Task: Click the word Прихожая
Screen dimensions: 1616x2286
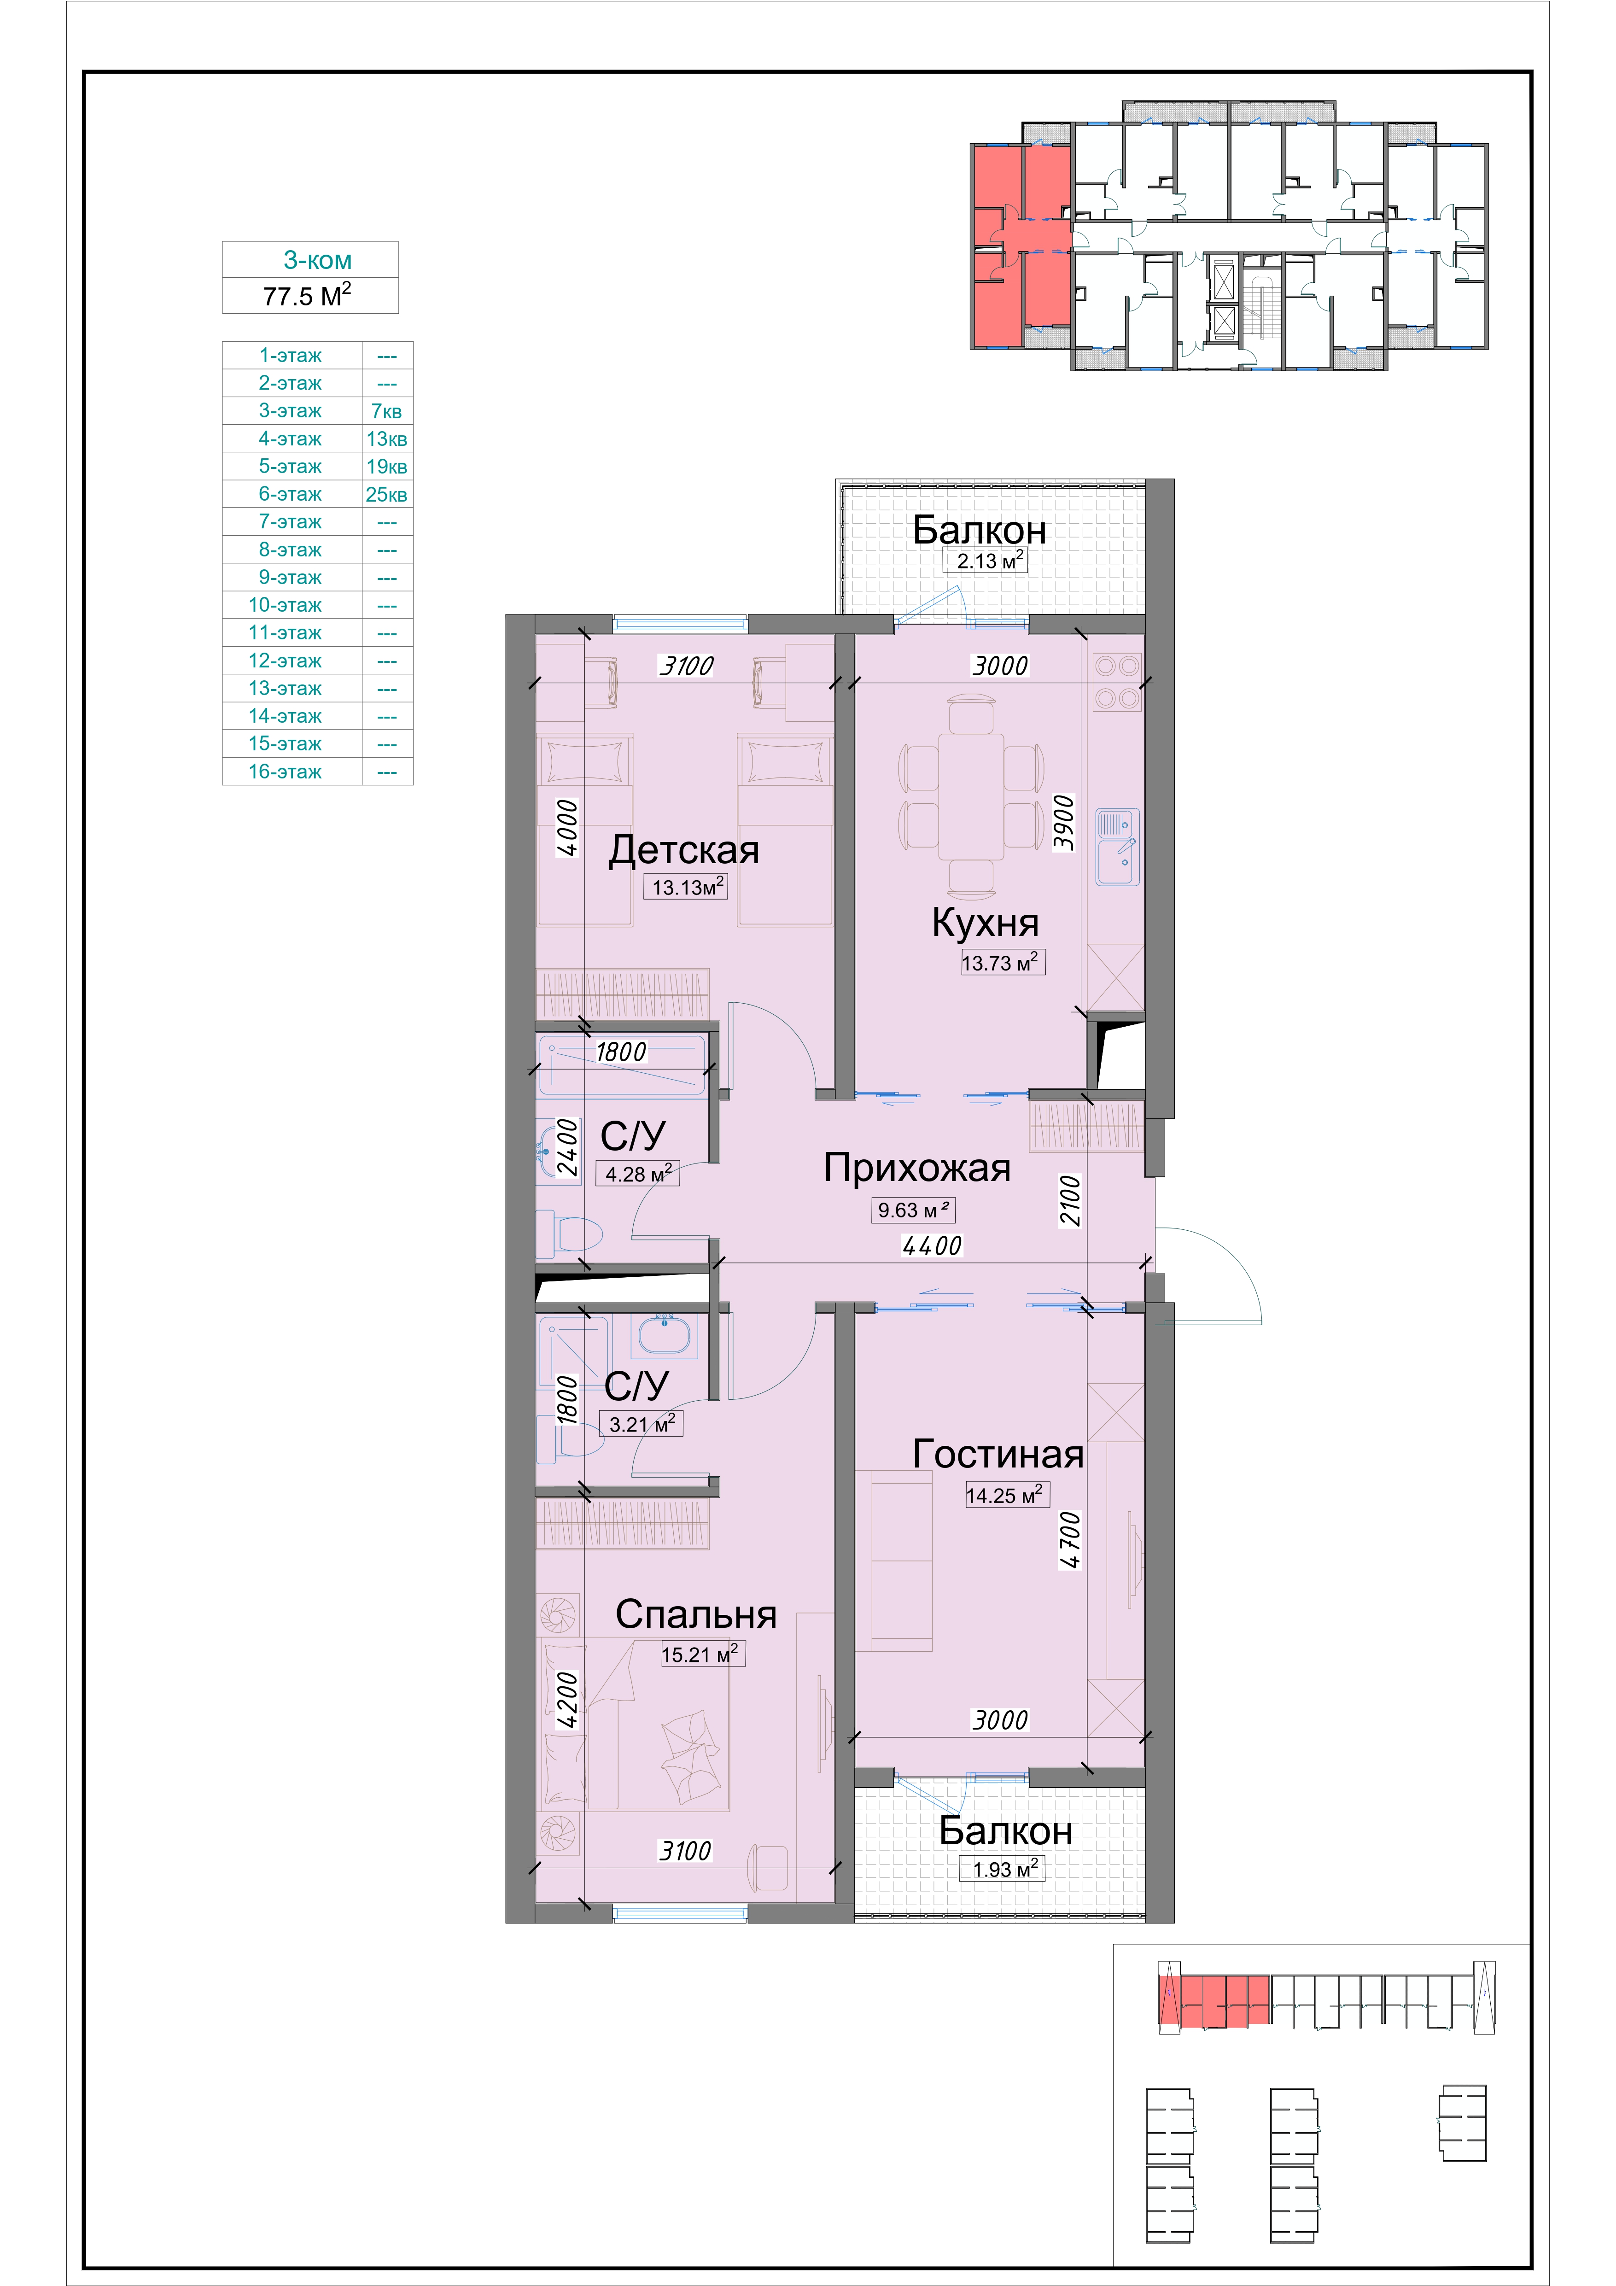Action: click(917, 1168)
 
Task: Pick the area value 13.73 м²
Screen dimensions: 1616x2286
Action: click(1002, 963)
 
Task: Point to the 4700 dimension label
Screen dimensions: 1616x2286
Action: click(1069, 1540)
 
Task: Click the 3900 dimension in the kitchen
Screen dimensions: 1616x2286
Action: click(1063, 821)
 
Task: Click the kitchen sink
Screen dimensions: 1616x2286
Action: click(1118, 848)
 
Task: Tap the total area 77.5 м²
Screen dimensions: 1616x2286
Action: click(308, 296)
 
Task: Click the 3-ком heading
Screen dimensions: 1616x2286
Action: click(318, 260)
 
